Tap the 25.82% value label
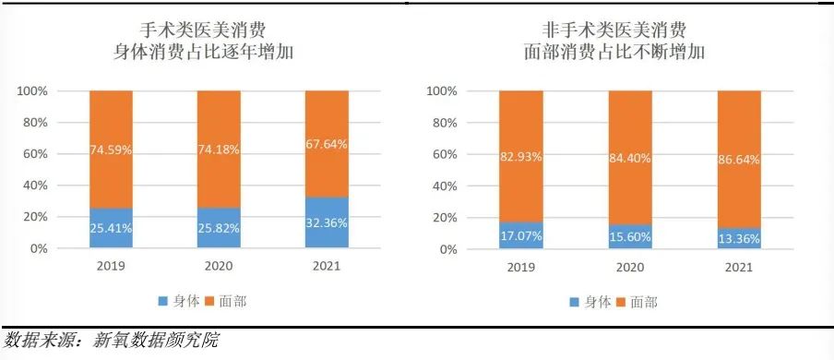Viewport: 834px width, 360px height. [219, 227]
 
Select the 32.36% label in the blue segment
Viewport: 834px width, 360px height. [326, 222]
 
